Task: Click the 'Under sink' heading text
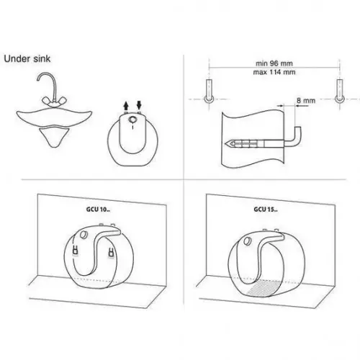(27, 59)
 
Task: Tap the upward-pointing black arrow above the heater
(126, 106)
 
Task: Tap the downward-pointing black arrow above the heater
(139, 105)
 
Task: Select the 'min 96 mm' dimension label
(274, 63)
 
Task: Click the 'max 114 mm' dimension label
(274, 72)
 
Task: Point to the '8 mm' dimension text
(306, 101)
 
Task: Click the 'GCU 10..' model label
(98, 210)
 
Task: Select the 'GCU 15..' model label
(266, 210)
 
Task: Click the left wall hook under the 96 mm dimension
(209, 91)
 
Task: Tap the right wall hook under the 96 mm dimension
(340, 91)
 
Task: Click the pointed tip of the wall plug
(225, 144)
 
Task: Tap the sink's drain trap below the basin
(54, 138)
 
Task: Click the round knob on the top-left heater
(132, 120)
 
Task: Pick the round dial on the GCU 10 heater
(84, 235)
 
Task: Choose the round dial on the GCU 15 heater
(247, 240)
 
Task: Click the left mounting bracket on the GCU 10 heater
(76, 250)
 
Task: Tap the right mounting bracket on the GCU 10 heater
(111, 253)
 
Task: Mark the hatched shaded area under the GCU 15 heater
(264, 287)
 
